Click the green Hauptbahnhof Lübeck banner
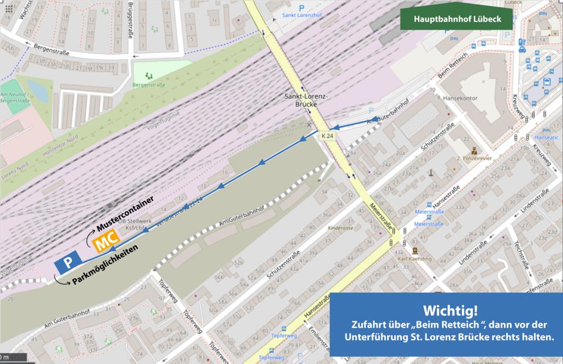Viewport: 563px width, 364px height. click(457, 19)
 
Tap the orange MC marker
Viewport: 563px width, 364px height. click(105, 244)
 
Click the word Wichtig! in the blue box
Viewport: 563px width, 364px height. click(445, 311)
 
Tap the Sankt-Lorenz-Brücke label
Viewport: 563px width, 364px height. click(304, 100)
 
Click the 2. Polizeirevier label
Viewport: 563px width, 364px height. click(473, 159)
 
